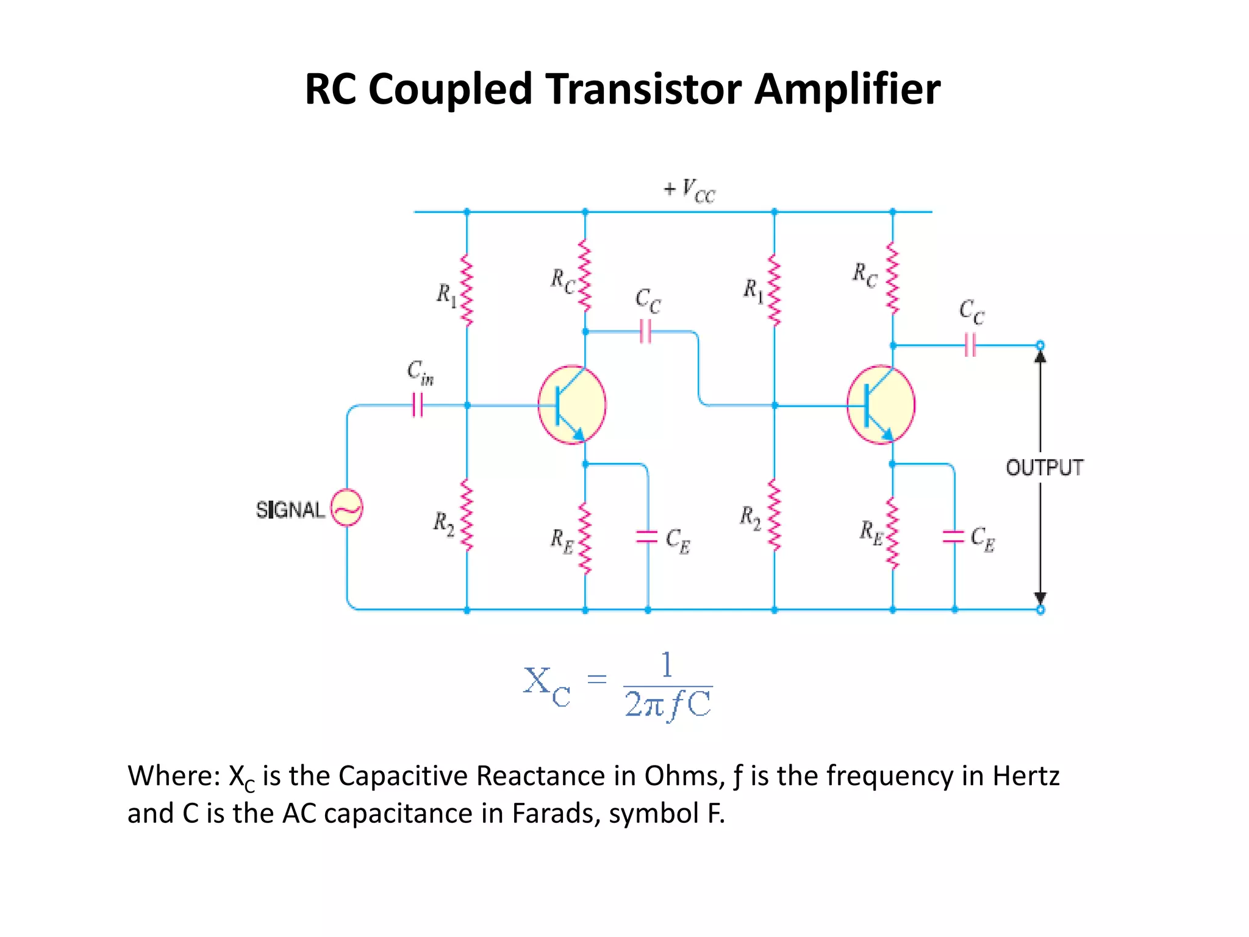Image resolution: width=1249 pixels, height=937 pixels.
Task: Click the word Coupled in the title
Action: [451, 90]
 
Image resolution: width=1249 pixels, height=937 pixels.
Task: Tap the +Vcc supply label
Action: [689, 190]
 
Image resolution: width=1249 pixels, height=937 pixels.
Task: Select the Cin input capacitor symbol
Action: [418, 404]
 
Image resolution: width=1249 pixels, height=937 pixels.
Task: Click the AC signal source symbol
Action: [346, 508]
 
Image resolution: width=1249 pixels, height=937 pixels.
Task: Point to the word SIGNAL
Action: [290, 509]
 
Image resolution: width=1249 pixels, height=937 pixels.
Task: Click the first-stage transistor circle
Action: [572, 405]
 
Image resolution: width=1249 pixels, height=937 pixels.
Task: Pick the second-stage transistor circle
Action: [881, 405]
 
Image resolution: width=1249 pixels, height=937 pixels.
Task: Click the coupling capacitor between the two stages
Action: [646, 332]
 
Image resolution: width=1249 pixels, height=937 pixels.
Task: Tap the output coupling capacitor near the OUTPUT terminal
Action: [970, 345]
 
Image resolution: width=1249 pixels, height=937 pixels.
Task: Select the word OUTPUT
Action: [1044, 468]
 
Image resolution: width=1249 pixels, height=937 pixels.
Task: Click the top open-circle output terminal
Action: [1040, 345]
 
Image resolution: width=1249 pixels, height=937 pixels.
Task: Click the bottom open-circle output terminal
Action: [1040, 609]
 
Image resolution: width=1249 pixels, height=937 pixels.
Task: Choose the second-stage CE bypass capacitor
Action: [954, 536]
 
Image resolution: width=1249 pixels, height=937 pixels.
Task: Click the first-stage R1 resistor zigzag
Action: [467, 290]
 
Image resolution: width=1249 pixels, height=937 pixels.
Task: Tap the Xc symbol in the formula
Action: [546, 686]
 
